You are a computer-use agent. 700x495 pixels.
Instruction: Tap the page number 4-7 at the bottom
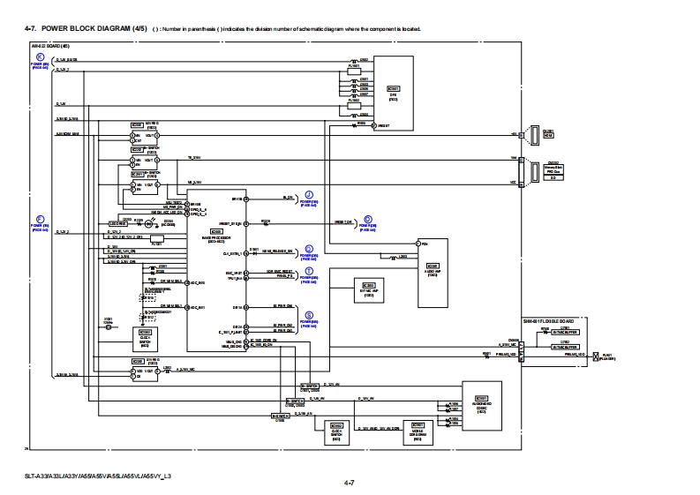350,484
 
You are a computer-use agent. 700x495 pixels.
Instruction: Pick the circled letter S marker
308,315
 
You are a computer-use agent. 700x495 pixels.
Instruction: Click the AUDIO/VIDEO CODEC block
481,405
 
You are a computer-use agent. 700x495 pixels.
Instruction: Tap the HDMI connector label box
547,135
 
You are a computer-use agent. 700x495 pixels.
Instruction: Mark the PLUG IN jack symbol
596,356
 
